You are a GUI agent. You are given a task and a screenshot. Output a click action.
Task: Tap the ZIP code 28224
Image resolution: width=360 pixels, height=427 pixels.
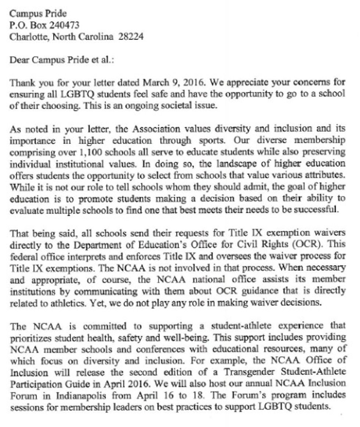point(130,37)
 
